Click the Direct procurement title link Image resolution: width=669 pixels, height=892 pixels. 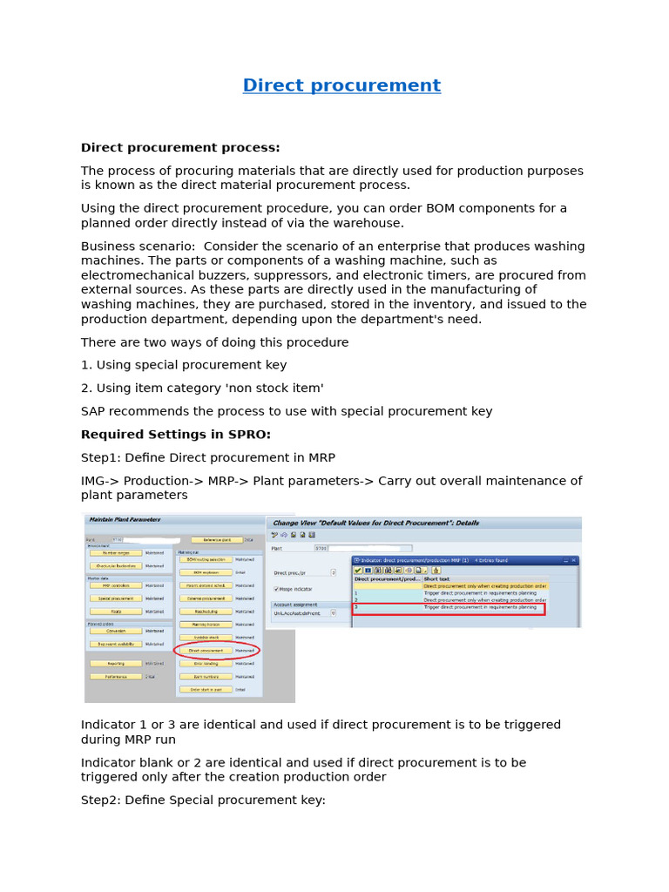(341, 85)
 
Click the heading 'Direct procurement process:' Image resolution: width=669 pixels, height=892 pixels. (180, 148)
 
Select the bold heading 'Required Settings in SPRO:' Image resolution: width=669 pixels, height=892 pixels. (175, 435)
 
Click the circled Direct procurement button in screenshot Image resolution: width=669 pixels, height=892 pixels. (206, 651)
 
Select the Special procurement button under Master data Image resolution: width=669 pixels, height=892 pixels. (115, 599)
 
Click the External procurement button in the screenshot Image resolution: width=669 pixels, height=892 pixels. (206, 599)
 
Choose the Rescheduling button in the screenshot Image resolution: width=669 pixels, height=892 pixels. (206, 612)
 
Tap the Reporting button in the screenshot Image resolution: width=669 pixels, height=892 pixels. (115, 664)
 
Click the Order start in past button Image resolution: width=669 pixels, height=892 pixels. (206, 689)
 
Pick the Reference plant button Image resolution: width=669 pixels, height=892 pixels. (216, 540)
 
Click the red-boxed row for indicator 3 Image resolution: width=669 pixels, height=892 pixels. (448, 607)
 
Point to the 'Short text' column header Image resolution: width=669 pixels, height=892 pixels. (437, 578)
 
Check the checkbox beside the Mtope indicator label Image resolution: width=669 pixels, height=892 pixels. (277, 589)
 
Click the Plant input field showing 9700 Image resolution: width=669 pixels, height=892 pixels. (322, 549)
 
